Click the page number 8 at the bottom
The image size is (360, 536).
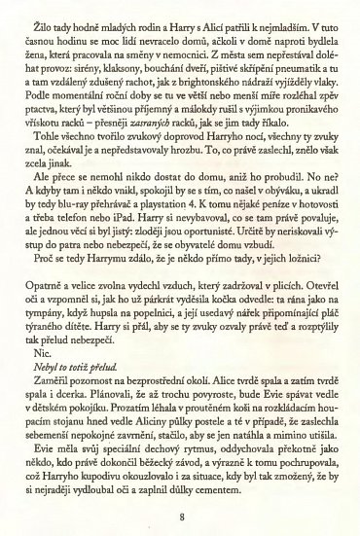180,500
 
